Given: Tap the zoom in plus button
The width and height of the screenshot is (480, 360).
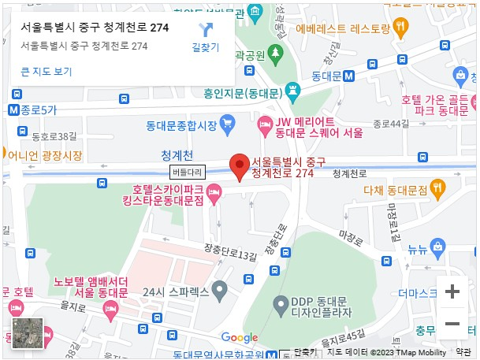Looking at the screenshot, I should click(452, 291).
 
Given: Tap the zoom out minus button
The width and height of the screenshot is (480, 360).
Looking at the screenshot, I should click(452, 324).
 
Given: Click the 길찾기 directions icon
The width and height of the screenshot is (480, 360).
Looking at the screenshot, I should click(206, 31).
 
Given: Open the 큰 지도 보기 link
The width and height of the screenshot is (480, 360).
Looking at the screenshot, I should click(47, 72).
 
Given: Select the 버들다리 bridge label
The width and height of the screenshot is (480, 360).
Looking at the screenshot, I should click(187, 171).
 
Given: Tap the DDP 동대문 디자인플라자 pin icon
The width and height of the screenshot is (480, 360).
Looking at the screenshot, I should click(279, 304).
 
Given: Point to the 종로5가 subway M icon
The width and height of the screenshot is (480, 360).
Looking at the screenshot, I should click(13, 109).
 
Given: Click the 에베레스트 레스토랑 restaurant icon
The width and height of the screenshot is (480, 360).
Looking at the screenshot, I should click(403, 28).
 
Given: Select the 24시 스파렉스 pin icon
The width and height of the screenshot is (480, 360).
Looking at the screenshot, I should click(221, 291).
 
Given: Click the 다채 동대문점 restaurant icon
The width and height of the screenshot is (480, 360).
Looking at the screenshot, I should click(439, 188).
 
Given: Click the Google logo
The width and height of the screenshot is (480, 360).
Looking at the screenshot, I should click(240, 337).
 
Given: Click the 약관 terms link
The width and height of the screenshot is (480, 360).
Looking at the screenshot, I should click(463, 352).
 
